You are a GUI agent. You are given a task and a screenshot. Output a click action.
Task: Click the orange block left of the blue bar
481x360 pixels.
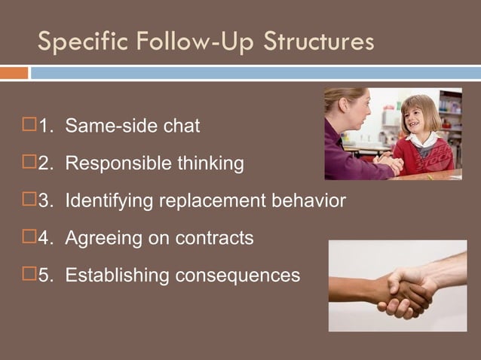click(14, 73)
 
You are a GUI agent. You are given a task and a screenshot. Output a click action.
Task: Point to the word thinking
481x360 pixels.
click(208, 163)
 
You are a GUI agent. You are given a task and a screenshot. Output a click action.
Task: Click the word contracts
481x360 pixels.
click(215, 239)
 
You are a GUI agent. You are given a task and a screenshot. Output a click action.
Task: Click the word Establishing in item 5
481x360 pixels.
click(118, 276)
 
